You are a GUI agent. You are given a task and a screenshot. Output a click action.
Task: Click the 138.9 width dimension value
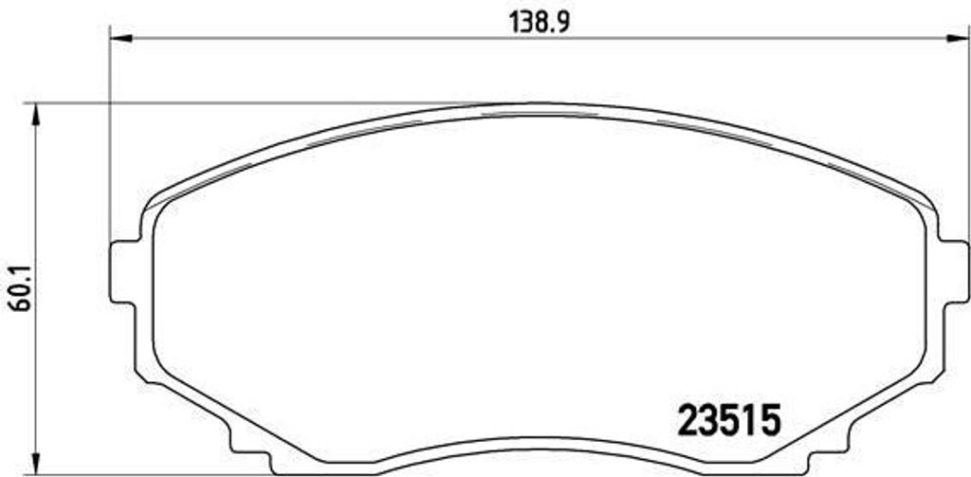pyautogui.click(x=539, y=23)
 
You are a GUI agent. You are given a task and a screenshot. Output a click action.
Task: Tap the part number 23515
pyautogui.click(x=728, y=421)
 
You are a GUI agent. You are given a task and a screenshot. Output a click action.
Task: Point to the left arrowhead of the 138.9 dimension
pyautogui.click(x=120, y=39)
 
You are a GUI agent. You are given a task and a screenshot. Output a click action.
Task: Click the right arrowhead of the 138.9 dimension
pyautogui.click(x=957, y=39)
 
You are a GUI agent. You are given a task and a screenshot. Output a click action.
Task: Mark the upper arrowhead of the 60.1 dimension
pyautogui.click(x=35, y=116)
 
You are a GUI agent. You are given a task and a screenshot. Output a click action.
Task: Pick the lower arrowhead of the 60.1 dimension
pyautogui.click(x=35, y=464)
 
